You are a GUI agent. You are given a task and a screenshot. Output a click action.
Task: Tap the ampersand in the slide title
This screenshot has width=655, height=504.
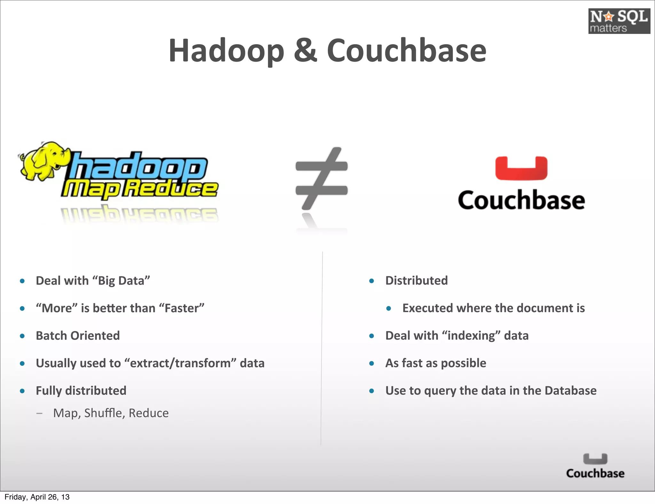pyautogui.click(x=305, y=51)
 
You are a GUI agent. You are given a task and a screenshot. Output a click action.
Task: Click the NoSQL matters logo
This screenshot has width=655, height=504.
pyautogui.click(x=619, y=21)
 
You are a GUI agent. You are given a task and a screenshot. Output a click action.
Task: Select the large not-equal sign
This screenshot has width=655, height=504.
pyautogui.click(x=321, y=178)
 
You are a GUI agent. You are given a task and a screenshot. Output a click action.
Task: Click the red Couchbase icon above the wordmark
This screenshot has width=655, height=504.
pyautogui.click(x=521, y=169)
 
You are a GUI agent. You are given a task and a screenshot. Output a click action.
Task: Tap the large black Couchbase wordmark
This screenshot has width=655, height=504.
pyautogui.click(x=521, y=200)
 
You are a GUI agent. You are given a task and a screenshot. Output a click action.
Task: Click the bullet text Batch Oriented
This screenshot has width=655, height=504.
pyautogui.click(x=78, y=336)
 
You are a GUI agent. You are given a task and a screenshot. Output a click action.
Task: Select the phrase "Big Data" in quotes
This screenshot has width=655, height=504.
pyautogui.click(x=121, y=281)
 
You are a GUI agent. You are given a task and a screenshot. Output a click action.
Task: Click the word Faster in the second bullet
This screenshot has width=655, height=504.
pyautogui.click(x=182, y=308)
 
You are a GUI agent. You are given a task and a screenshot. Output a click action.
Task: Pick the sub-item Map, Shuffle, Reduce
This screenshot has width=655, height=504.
pyautogui.click(x=111, y=413)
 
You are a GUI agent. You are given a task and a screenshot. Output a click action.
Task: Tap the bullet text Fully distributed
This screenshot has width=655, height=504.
pyautogui.click(x=81, y=391)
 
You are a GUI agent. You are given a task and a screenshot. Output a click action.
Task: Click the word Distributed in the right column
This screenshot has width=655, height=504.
pyautogui.click(x=416, y=281)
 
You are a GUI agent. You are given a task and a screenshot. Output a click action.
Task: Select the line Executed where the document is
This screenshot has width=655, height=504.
pyautogui.click(x=493, y=308)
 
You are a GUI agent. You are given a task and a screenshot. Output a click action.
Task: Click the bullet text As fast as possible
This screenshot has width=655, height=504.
pyautogui.click(x=436, y=363)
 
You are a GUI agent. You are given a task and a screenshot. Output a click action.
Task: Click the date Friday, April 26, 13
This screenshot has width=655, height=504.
pyautogui.click(x=37, y=497)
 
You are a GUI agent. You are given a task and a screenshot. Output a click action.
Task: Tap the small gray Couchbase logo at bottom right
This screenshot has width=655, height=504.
pyautogui.click(x=595, y=466)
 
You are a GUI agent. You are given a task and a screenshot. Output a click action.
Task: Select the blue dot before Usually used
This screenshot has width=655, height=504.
pyautogui.click(x=22, y=364)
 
